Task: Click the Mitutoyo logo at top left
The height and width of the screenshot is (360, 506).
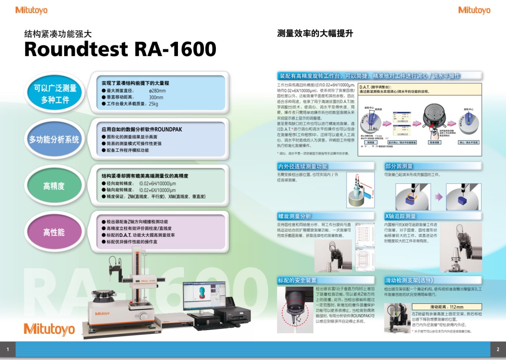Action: tap(31, 10)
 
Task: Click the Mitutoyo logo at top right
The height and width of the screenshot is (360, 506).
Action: tap(474, 10)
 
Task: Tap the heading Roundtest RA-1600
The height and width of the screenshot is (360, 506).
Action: tap(120, 49)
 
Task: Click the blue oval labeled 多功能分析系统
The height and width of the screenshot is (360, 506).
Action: tap(54, 139)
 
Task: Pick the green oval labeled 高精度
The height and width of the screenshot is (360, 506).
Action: tap(54, 185)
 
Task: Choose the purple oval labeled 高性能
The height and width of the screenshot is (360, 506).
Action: tap(54, 232)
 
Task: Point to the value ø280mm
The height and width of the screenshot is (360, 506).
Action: tap(157, 91)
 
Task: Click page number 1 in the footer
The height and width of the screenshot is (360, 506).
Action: tap(8, 349)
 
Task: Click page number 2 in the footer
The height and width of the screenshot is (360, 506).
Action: tap(498, 349)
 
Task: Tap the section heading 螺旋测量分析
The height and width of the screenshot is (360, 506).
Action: tap(294, 216)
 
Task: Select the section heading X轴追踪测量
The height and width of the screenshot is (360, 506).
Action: tap(400, 216)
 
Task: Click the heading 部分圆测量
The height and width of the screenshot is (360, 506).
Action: tap(398, 166)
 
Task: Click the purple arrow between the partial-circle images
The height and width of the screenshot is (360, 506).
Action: tap(439, 196)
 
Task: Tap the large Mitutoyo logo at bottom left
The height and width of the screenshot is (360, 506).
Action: tap(49, 329)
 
